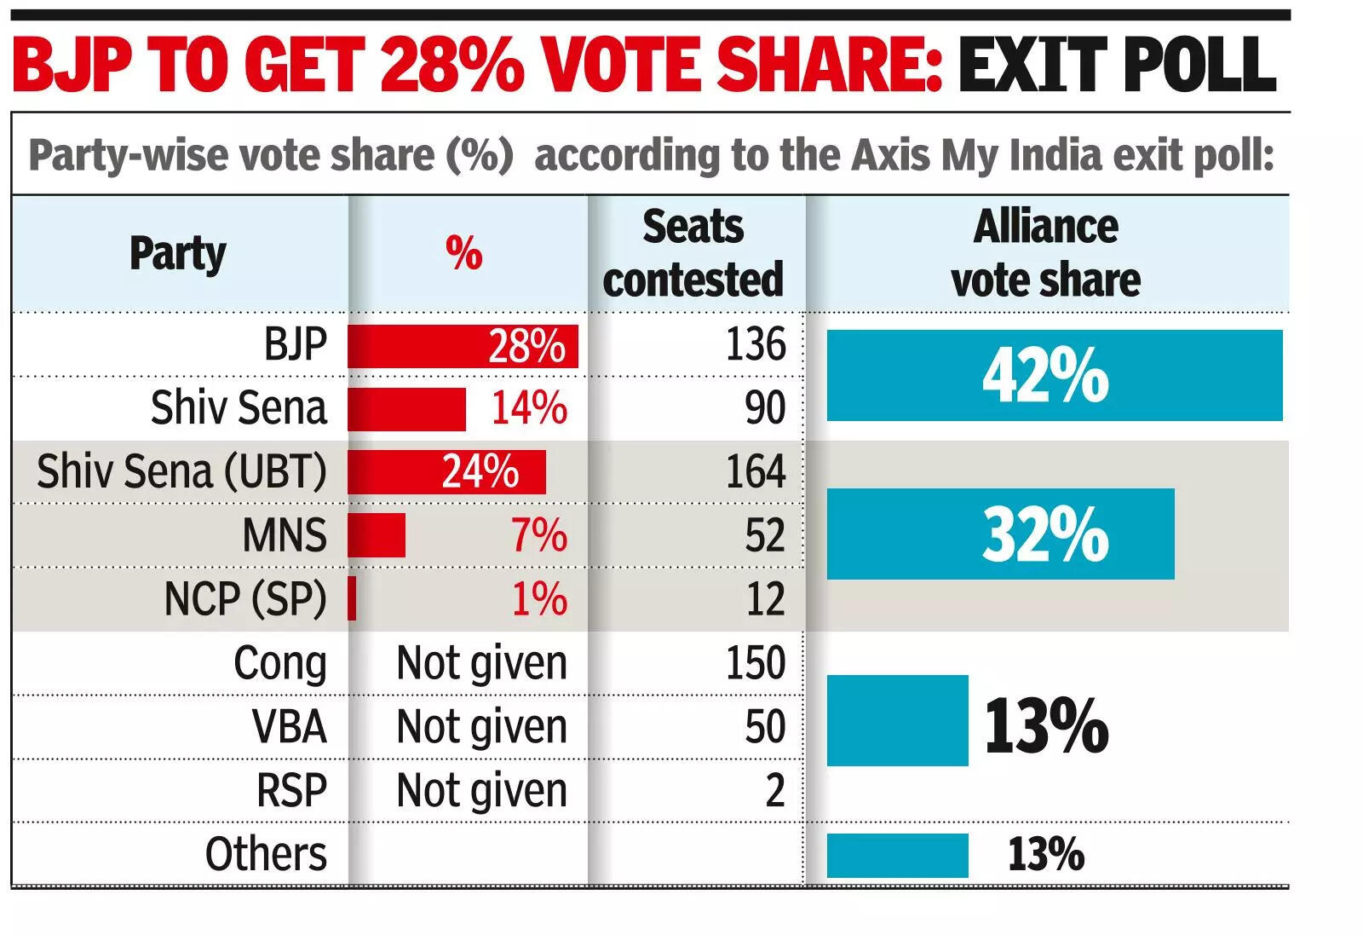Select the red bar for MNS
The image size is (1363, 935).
(377, 535)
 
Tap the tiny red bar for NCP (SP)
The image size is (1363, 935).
(352, 598)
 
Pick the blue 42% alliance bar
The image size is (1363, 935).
(1054, 375)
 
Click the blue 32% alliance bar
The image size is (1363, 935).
(1000, 534)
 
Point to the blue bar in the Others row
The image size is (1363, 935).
(897, 855)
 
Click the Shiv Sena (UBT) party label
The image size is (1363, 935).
(181, 471)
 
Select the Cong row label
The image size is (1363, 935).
(279, 663)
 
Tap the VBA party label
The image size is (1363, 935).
(289, 727)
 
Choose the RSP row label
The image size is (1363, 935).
(291, 790)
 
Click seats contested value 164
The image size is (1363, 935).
(755, 471)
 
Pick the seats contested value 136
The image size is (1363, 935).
(755, 344)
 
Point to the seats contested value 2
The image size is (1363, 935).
(774, 790)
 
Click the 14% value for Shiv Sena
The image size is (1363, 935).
(528, 407)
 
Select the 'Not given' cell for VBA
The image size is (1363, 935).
(481, 727)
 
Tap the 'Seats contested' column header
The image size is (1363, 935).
(693, 253)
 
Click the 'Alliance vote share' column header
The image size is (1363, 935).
(1045, 253)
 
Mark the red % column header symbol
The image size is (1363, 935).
(463, 253)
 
